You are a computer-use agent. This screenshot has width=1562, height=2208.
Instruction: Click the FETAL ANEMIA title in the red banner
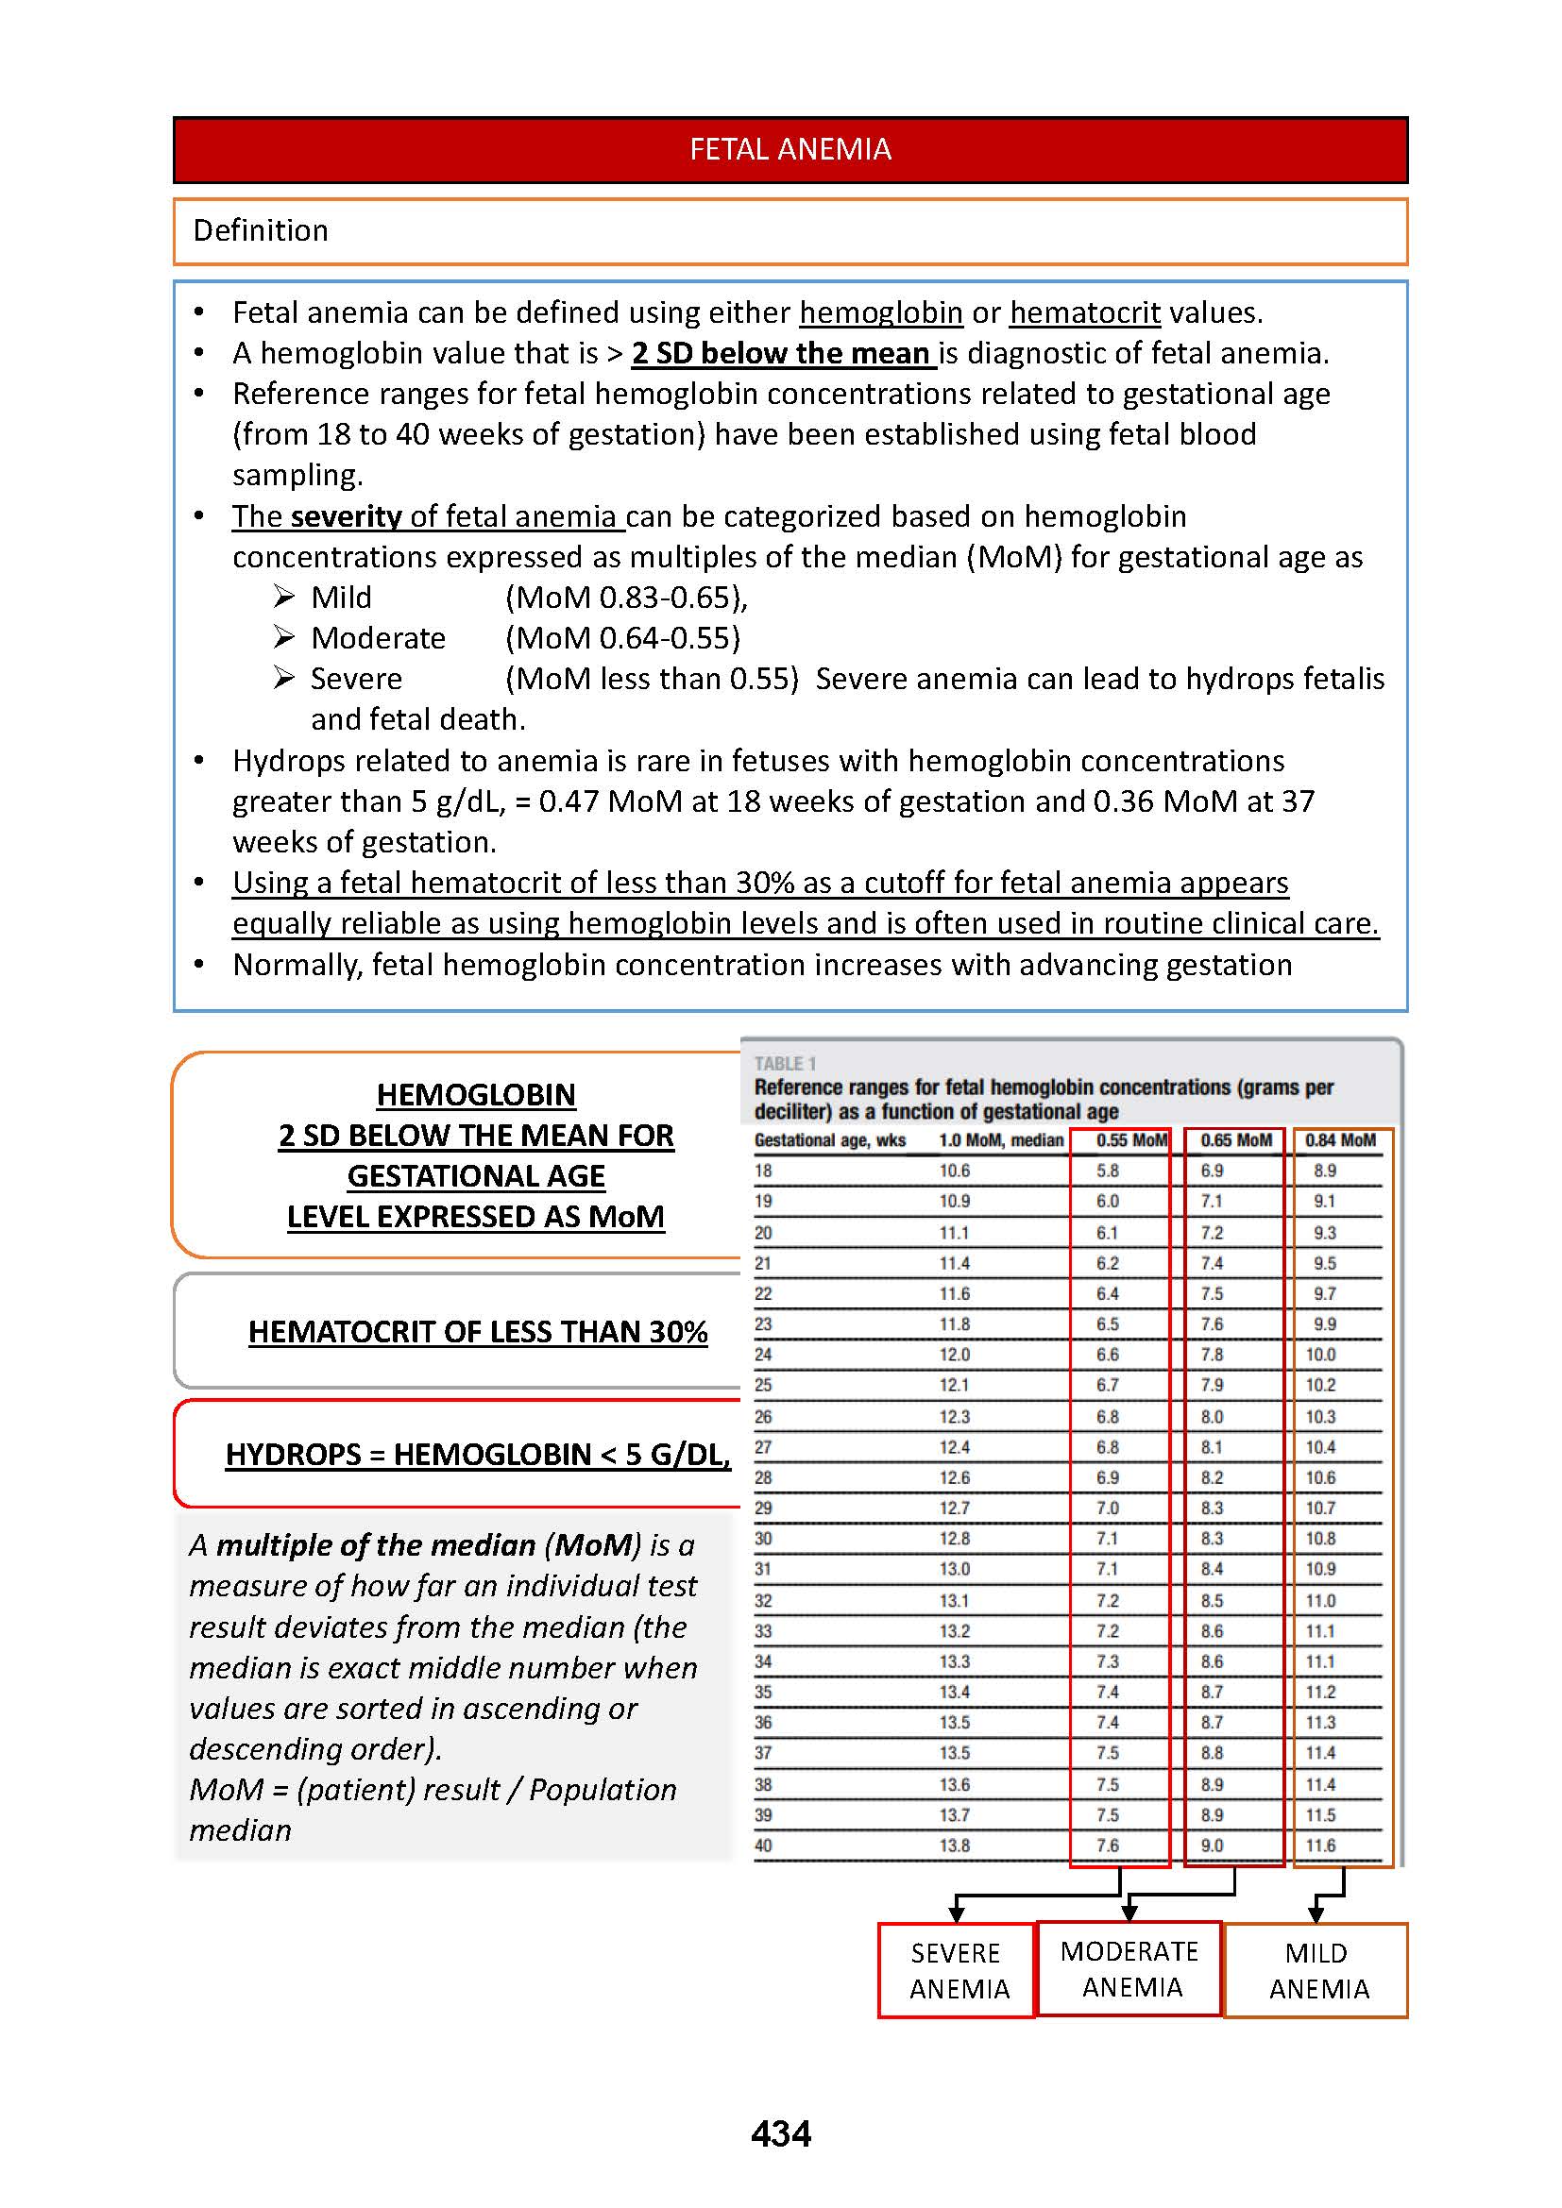click(x=789, y=149)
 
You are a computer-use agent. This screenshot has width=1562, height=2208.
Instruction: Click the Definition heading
click(x=261, y=230)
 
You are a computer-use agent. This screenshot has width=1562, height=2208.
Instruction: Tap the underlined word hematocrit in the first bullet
click(x=1084, y=312)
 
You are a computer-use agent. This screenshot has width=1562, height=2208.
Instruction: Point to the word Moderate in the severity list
click(x=378, y=638)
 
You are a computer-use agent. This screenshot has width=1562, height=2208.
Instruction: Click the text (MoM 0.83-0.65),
click(x=626, y=598)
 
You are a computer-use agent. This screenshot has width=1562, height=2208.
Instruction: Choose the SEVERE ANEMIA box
click(x=957, y=1970)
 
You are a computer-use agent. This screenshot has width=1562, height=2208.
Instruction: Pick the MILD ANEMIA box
click(x=1316, y=1970)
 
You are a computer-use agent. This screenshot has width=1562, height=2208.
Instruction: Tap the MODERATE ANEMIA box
click(x=1129, y=1968)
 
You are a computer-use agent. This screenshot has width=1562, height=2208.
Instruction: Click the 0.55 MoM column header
click(x=1131, y=1140)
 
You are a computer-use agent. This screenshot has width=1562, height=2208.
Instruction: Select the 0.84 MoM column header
click(x=1340, y=1140)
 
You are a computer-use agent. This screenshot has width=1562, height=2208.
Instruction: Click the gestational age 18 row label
click(x=763, y=1171)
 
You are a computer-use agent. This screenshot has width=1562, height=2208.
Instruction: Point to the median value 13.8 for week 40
click(x=954, y=1846)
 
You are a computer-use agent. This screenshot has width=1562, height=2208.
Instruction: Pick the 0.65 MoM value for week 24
click(x=1211, y=1355)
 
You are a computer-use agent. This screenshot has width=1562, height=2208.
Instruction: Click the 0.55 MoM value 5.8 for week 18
click(x=1107, y=1171)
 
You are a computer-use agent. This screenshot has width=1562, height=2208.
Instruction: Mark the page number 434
click(x=780, y=2134)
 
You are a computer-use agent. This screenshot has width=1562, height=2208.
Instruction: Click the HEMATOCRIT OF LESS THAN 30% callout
click(x=477, y=1332)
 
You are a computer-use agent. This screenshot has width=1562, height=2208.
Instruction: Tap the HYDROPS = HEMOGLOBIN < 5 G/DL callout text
click(x=477, y=1454)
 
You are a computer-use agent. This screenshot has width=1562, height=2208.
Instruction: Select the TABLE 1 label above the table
click(x=785, y=1064)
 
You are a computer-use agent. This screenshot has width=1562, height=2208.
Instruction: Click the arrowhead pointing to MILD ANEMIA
click(x=1316, y=1915)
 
